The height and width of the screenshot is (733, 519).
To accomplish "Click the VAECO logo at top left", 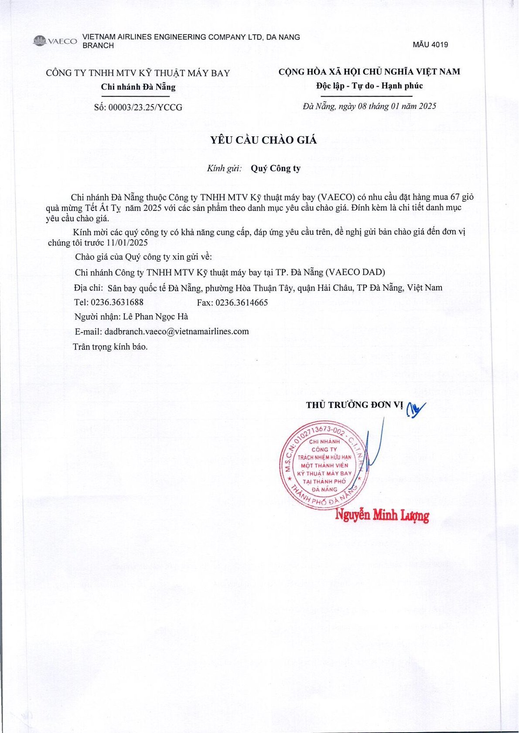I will [x=55, y=41].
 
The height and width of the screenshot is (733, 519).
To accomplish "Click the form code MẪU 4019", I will [x=430, y=45].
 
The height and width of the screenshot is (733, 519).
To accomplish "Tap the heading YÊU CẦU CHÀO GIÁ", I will [x=263, y=140].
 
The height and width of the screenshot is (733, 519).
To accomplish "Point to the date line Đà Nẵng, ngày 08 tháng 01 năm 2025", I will [x=369, y=106].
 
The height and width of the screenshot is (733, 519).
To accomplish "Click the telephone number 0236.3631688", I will [x=117, y=302].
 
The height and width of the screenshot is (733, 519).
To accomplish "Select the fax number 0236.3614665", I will [x=242, y=302].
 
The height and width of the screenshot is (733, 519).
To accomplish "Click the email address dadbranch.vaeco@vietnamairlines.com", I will [x=177, y=331].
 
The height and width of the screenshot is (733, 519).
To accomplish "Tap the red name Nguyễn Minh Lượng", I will [x=382, y=515].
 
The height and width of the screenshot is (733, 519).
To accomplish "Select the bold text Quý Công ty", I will [x=276, y=168].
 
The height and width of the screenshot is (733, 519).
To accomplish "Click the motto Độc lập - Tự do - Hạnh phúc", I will [x=369, y=86].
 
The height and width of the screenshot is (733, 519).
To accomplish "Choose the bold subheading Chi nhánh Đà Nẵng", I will [x=138, y=87].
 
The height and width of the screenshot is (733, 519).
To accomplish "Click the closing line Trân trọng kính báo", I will [x=110, y=347].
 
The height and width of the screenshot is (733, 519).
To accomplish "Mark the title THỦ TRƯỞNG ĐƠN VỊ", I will [x=354, y=405].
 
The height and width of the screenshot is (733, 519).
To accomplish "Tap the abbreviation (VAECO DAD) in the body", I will [x=355, y=272].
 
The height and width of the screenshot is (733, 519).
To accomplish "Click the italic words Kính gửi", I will [x=225, y=168].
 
